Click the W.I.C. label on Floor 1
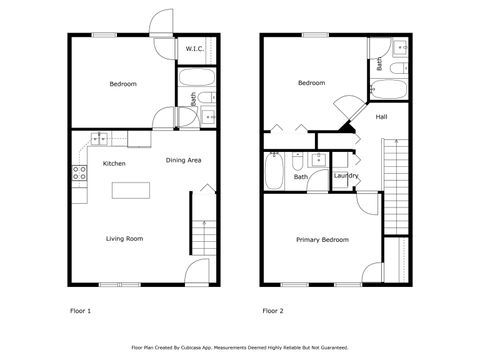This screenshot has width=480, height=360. coord(193,49)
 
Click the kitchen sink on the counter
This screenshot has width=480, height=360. coord(98,138)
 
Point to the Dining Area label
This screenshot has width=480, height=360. coord(184,160)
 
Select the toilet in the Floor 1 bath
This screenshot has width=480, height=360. coord(205,97)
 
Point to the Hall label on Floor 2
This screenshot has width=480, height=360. coord(382,117)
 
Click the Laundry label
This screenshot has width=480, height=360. coord(346,176)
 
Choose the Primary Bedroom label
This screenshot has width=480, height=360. coord(322,240)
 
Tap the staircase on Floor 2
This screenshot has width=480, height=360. coord(397,170)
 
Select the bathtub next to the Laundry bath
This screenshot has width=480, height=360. coord(274,172)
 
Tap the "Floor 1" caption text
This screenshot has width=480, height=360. coord(79,311)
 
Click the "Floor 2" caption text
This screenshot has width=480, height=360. coord(273,311)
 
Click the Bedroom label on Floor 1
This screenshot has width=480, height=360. coord(123,84)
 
